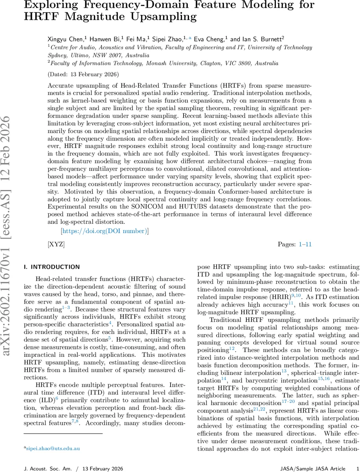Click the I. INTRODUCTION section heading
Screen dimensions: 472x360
52,267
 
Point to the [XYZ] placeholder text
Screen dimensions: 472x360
56,244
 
